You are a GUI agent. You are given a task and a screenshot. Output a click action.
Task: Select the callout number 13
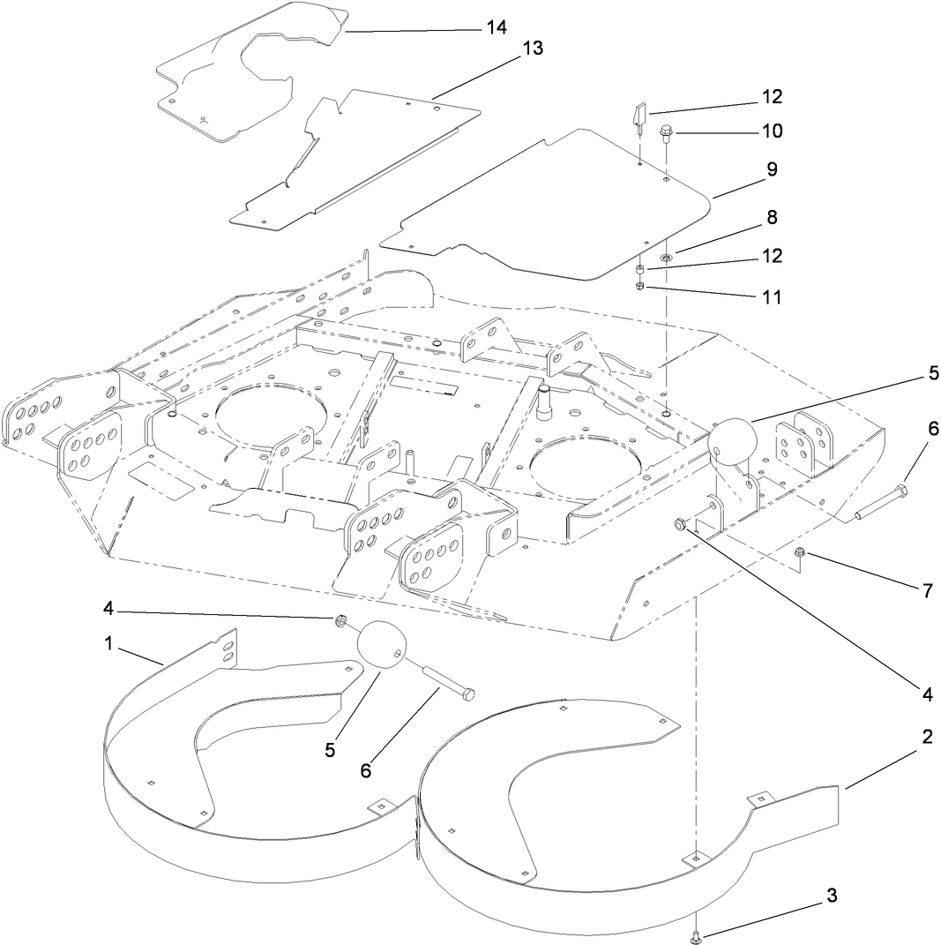click(532, 49)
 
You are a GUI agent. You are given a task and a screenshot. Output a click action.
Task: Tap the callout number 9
click(772, 169)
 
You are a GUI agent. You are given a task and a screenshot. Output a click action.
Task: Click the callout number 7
click(927, 590)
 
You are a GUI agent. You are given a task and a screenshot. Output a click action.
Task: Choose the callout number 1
click(109, 644)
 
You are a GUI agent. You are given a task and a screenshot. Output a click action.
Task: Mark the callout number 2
click(927, 738)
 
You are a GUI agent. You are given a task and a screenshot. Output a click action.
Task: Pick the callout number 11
click(772, 297)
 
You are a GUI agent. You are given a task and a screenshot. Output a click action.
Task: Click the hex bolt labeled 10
click(666, 132)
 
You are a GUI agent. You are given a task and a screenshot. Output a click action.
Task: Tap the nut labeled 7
click(800, 553)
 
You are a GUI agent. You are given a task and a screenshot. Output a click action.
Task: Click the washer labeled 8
click(668, 258)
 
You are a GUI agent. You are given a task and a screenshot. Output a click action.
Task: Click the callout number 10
click(772, 131)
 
